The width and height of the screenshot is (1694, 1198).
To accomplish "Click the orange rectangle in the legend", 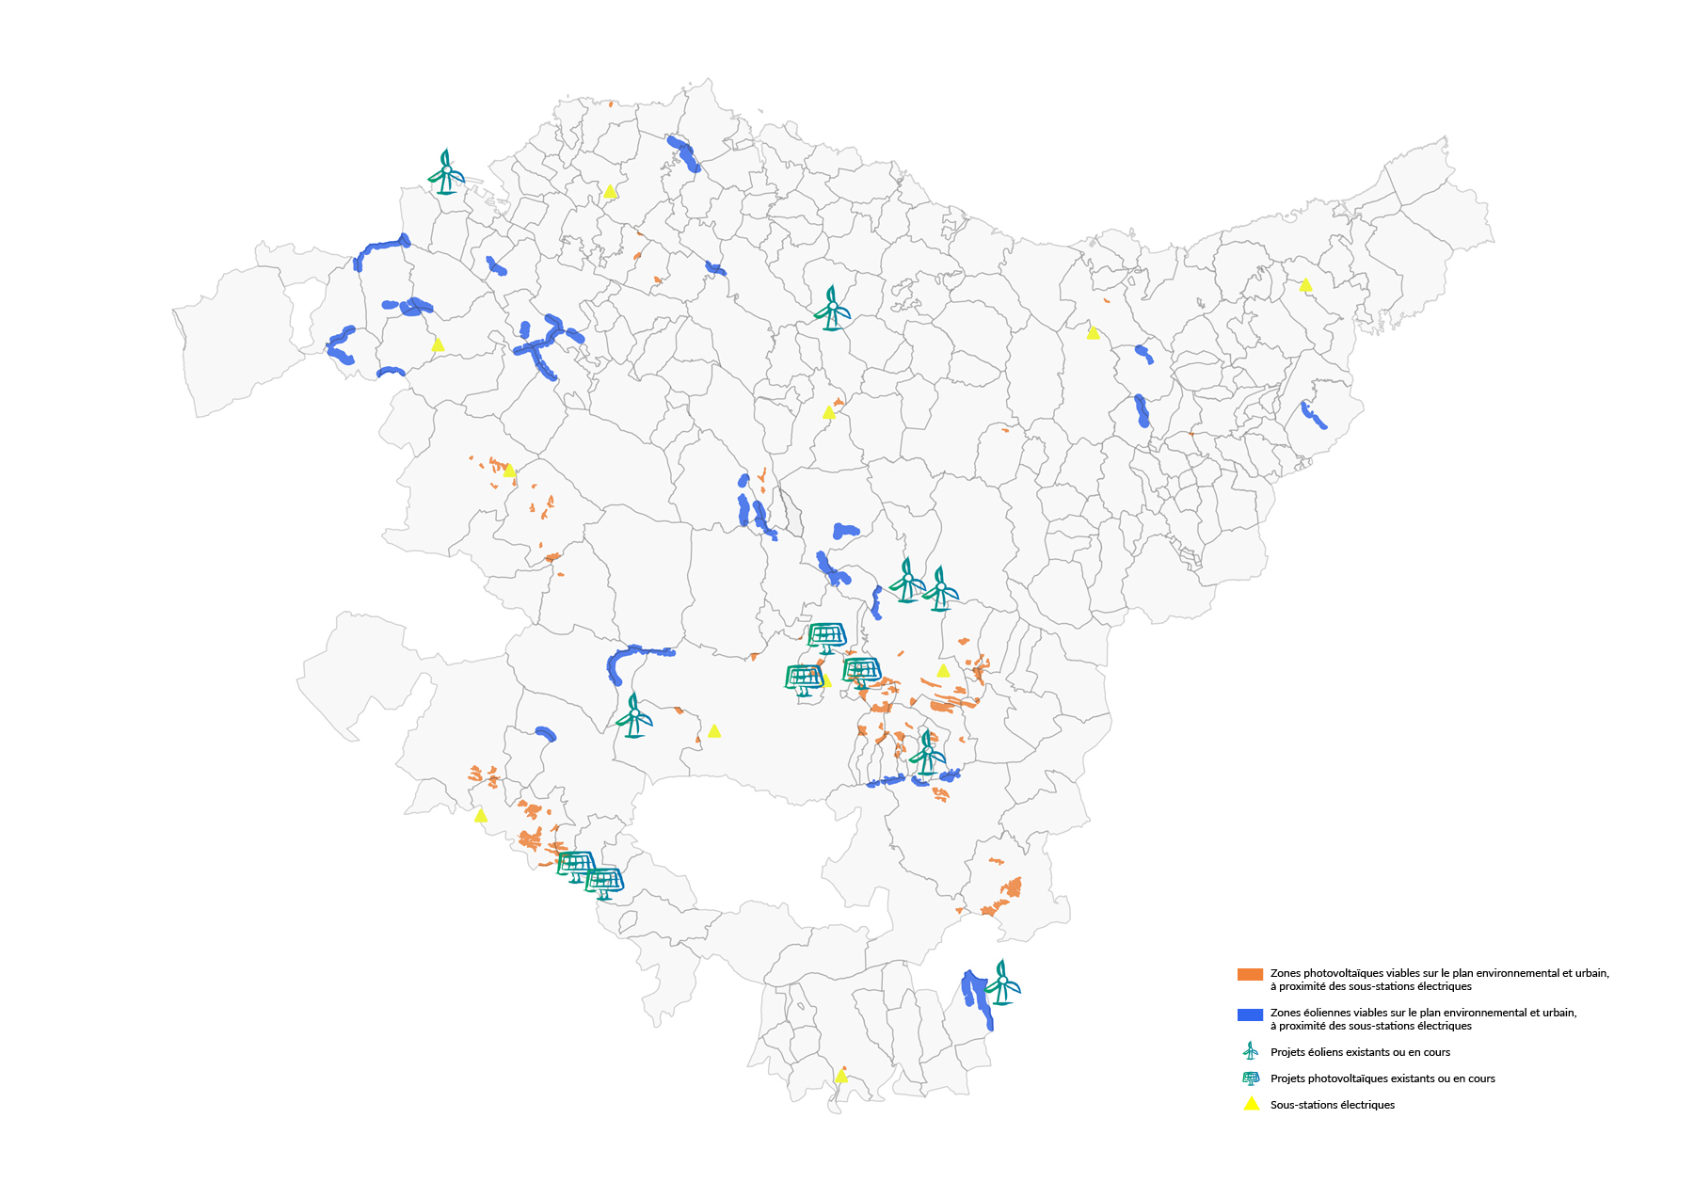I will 1249,974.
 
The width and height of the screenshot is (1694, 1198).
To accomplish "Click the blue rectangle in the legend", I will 1249,1014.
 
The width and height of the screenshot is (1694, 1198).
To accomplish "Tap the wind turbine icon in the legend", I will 1250,1051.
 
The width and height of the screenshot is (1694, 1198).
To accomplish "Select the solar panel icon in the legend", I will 1250,1078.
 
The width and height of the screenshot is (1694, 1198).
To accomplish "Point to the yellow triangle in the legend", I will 1251,1104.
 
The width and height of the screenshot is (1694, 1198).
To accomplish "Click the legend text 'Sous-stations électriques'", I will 1332,1105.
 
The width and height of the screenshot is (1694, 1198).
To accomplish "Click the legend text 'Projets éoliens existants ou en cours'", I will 1359,1052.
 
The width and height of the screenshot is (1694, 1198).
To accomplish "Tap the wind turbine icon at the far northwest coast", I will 446,172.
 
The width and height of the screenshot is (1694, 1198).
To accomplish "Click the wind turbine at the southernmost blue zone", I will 1002,982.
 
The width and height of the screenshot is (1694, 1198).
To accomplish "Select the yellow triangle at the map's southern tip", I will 840,1076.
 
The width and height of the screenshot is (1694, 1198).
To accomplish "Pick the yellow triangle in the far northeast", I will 1305,285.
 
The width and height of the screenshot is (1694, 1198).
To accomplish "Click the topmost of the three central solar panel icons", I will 827,637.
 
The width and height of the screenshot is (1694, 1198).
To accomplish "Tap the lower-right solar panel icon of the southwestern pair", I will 604,884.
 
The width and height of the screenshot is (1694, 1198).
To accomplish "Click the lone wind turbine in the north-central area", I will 832,309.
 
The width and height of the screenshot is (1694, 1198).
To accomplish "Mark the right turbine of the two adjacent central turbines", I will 940,590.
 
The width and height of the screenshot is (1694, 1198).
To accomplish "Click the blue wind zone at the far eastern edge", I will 1314,415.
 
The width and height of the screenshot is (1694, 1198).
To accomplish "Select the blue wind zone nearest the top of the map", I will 683,152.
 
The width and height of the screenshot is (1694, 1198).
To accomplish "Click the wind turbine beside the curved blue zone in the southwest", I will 634,716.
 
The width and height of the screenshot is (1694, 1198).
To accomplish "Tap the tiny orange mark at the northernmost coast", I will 611,104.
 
